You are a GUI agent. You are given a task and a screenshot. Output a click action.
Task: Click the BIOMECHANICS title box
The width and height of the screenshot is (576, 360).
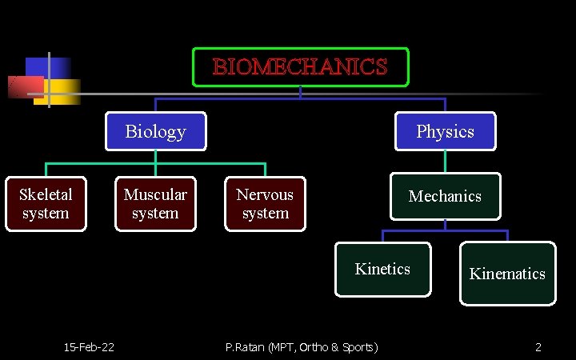point(300,67)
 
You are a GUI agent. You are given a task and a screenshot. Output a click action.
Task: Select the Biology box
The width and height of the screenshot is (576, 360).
point(155,131)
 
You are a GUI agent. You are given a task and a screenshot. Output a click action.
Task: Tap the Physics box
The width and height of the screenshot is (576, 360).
point(445,131)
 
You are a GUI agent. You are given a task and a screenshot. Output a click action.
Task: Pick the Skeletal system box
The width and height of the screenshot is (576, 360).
point(46,204)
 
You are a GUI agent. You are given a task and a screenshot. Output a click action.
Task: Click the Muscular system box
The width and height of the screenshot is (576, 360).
point(155,204)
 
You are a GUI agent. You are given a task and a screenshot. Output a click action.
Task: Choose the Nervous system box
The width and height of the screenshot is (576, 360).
point(265,204)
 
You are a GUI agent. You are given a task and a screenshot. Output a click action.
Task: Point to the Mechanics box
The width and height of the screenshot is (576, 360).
point(445,196)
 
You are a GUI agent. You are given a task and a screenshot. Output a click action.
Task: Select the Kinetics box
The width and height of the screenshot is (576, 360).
point(382,269)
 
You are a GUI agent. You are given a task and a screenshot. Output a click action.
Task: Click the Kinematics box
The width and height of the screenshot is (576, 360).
point(507,274)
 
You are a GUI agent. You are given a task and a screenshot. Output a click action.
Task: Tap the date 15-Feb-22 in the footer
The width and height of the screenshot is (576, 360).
point(89,346)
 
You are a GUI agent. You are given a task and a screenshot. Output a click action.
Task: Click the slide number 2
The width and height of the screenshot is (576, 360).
point(538,346)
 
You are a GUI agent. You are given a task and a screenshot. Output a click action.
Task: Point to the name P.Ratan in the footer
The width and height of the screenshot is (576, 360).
point(245,346)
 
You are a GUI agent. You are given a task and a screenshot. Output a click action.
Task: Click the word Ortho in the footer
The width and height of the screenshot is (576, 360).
point(312,346)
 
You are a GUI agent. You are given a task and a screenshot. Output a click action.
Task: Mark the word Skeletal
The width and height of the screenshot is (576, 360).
point(46,194)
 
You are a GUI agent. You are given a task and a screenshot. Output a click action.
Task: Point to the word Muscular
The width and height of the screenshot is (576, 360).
point(155,194)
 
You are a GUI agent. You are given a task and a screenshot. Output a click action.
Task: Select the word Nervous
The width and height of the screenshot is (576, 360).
point(265,194)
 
